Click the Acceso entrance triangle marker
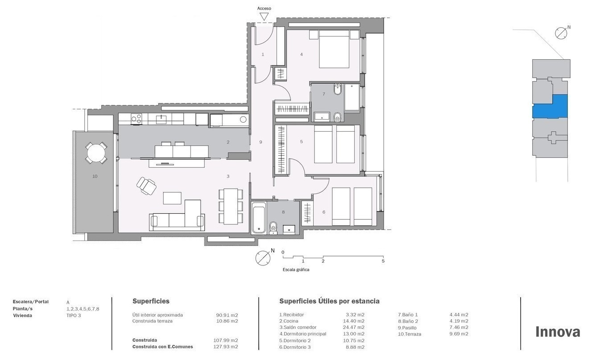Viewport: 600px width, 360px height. coord(264,17)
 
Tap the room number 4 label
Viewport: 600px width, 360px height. coord(302,54)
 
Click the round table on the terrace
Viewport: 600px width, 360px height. coord(96,153)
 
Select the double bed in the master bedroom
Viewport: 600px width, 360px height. coord(334,49)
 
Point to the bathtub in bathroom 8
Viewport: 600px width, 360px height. coord(259,218)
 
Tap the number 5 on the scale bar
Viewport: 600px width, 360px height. coord(383,261)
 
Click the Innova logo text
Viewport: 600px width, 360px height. coord(558,332)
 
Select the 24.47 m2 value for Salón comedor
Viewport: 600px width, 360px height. coord(354,327)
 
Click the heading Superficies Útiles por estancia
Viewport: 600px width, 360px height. coord(329,302)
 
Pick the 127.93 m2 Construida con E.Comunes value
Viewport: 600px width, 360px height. coord(226,347)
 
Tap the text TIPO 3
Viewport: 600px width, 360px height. coord(74,315)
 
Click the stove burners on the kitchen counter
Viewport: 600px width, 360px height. coord(137,119)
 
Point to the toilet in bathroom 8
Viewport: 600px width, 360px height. coord(273,228)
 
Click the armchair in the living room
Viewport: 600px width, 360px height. coord(146,186)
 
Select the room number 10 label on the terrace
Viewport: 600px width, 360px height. coord(95,176)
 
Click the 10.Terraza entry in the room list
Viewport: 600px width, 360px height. coord(409,334)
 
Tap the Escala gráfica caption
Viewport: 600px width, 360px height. coord(296,270)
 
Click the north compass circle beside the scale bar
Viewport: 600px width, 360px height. coord(263,258)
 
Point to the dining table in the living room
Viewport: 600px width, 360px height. coord(231,207)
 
